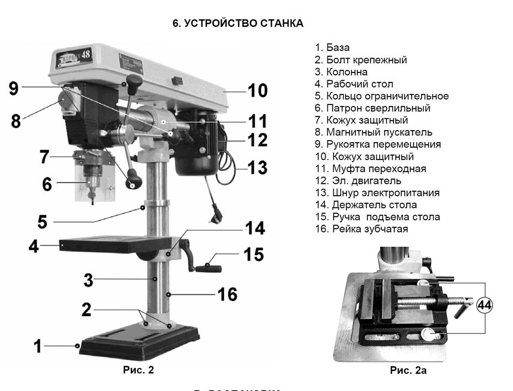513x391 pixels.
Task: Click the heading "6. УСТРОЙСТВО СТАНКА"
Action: [238, 23]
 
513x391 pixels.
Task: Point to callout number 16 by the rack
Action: [227, 295]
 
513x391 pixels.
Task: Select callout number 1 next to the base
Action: [38, 346]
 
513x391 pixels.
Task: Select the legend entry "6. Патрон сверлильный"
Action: [372, 108]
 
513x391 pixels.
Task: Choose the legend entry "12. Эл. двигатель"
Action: [358, 181]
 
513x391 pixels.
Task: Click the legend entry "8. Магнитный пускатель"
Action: [374, 132]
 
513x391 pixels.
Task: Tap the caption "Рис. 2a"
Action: [408, 370]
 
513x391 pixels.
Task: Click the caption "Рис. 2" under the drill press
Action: [138, 370]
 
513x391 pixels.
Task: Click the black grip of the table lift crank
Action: [209, 268]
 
